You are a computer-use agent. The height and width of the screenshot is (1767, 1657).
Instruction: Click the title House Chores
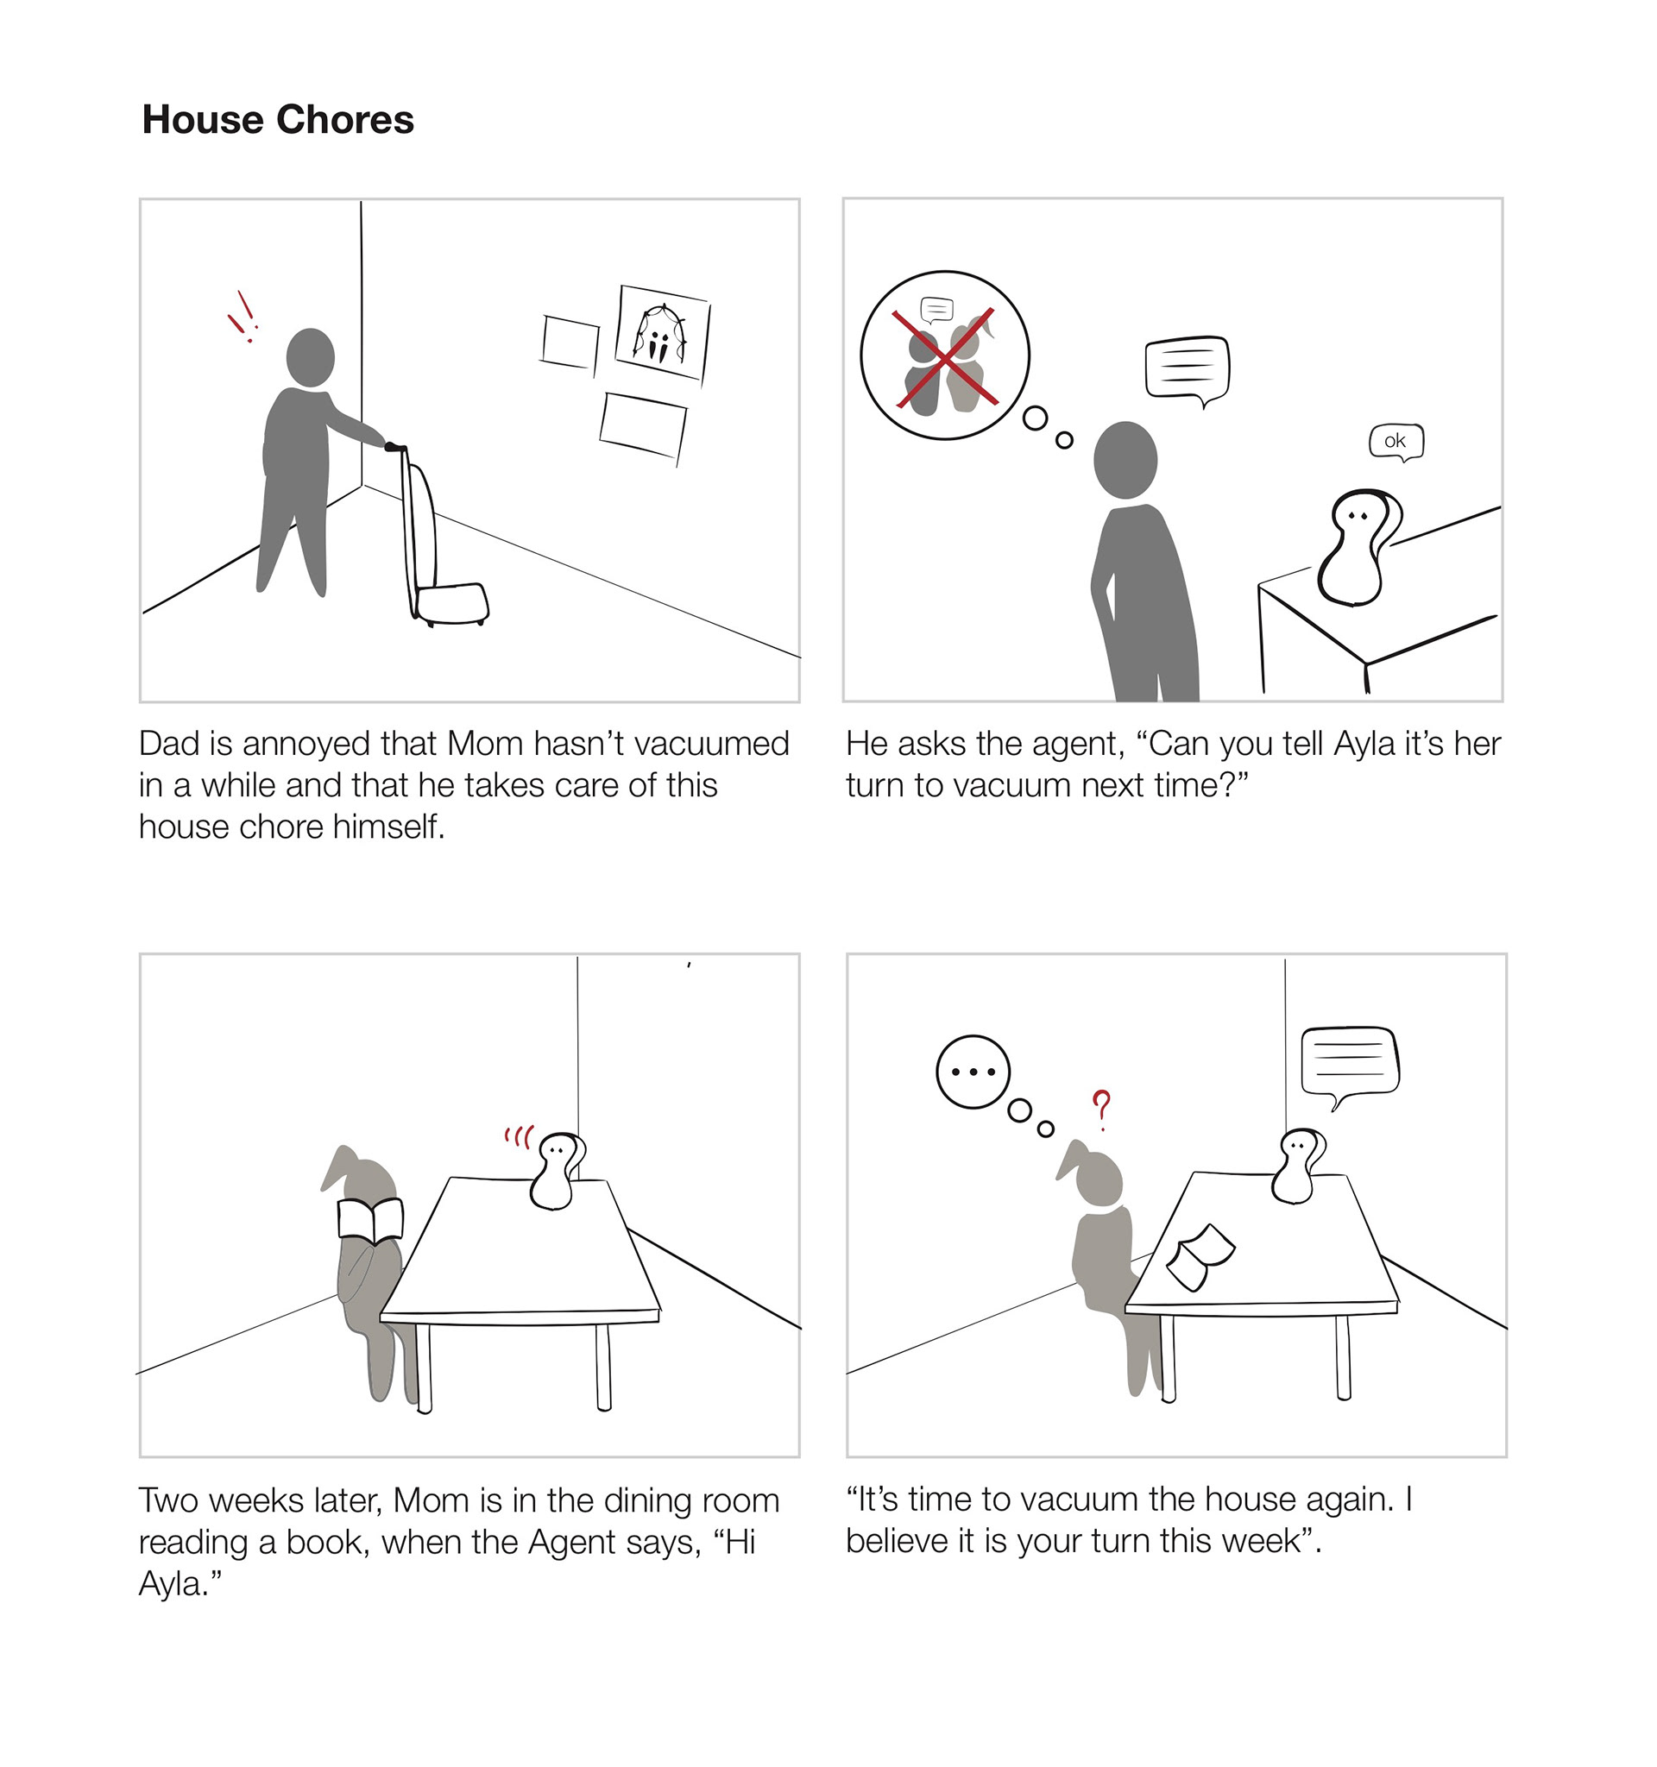tap(278, 120)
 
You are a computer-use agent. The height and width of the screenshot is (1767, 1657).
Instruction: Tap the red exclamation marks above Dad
tap(242, 318)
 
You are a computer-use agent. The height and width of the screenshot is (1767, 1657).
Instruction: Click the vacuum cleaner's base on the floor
tap(453, 603)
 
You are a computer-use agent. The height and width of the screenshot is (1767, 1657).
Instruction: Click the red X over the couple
tap(945, 359)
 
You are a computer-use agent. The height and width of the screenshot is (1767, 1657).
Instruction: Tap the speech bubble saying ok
tap(1396, 442)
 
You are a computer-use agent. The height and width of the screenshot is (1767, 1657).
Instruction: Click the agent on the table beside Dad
tap(1356, 547)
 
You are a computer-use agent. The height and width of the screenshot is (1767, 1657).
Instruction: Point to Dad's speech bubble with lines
tap(1188, 370)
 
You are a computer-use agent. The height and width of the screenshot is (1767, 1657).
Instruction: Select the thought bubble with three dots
tap(973, 1072)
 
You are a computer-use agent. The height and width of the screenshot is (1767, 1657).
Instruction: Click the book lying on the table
tap(1200, 1257)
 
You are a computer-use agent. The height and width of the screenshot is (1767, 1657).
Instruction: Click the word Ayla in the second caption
tap(1364, 744)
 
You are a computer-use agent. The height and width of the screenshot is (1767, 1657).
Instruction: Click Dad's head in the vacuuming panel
tap(310, 357)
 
